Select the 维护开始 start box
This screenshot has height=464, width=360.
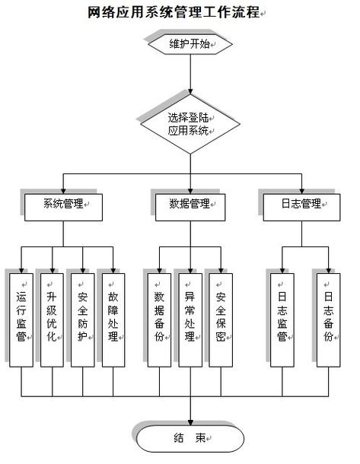(x=190, y=45)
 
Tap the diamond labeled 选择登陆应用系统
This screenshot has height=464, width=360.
(x=190, y=124)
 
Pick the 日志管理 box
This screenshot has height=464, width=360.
(x=301, y=205)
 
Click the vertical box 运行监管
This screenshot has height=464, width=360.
(x=21, y=318)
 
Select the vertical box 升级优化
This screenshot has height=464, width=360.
(x=51, y=318)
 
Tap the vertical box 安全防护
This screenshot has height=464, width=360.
(x=81, y=318)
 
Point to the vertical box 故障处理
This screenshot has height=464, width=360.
(x=113, y=318)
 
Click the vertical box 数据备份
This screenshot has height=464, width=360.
(x=159, y=318)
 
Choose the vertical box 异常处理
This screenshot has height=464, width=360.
(x=190, y=318)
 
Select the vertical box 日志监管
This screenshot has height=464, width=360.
(x=282, y=318)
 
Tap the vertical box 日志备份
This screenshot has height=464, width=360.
(x=328, y=318)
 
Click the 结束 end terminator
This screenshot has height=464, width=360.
(x=190, y=439)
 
